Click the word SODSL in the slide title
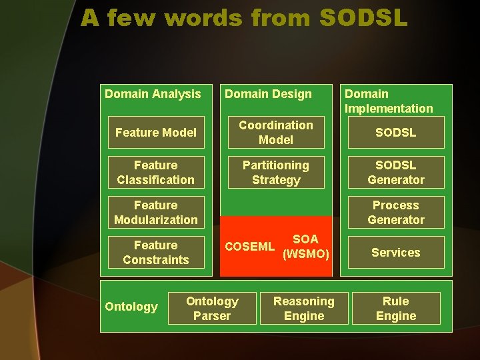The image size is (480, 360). coord(363,18)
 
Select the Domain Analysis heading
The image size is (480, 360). coord(153,94)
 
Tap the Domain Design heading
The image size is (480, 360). coord(268,94)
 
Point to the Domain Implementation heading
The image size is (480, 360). coord(389,101)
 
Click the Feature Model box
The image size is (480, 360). coord(156,133)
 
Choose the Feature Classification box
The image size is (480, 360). coord(156,173)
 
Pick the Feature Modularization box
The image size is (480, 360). coord(156,213)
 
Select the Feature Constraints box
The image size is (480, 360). coord(156,253)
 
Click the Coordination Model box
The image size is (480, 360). coord(276,133)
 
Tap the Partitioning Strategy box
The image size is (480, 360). coord(276,173)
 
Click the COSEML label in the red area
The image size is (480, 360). coord(249,247)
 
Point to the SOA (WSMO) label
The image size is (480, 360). coord(306,246)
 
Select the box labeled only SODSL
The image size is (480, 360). coord(396,133)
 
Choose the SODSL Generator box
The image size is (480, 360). coord(396,173)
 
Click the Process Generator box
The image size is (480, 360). coord(396,213)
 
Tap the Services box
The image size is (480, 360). coord(396,253)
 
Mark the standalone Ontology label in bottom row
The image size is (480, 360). coord(131,307)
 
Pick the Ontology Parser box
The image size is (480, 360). coord(212,309)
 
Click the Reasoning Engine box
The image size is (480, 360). coord(304,309)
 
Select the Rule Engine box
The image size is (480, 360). coord(396,309)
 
